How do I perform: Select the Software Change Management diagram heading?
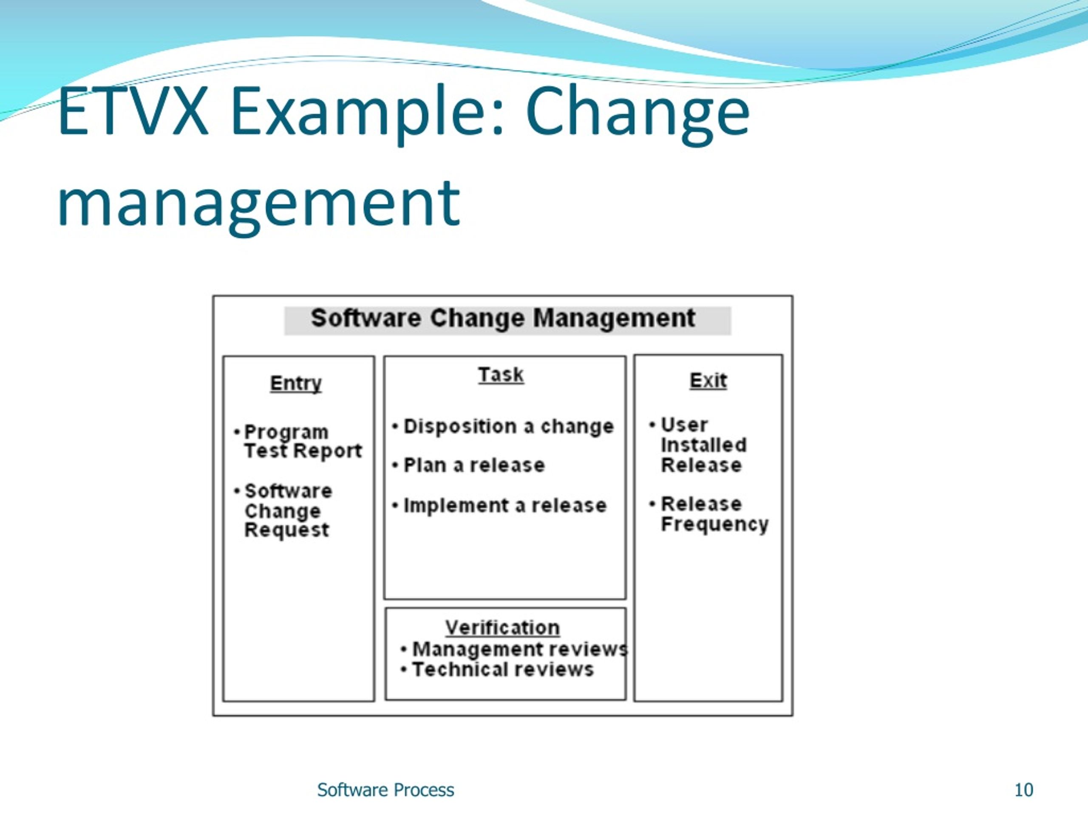(x=503, y=318)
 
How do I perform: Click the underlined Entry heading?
(x=296, y=383)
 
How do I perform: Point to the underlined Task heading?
(x=501, y=375)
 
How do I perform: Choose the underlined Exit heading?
(x=708, y=380)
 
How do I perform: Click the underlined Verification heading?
(x=502, y=628)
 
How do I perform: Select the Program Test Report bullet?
(x=303, y=441)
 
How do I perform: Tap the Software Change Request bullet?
(x=288, y=510)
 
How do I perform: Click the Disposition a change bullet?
(x=508, y=426)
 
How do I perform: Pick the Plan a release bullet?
(x=474, y=465)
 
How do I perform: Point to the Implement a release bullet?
(x=504, y=506)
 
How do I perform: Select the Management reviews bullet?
(x=519, y=649)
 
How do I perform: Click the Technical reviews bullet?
(x=503, y=669)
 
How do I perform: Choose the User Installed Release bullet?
(x=703, y=445)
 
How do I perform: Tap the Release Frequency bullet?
(x=714, y=514)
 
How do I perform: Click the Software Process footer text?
(x=385, y=790)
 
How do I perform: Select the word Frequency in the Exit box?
(x=714, y=525)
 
